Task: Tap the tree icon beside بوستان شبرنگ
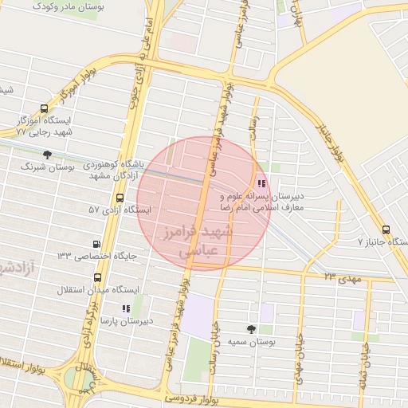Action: coord(47,155)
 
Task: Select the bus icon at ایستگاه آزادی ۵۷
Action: coord(120,198)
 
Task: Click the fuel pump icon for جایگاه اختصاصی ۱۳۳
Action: coord(97,244)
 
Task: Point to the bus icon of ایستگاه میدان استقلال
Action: coord(97,278)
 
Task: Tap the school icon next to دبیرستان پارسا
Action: coord(125,308)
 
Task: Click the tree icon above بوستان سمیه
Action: coord(252,328)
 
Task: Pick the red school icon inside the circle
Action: coord(262,182)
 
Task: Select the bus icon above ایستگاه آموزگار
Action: coord(43,109)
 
